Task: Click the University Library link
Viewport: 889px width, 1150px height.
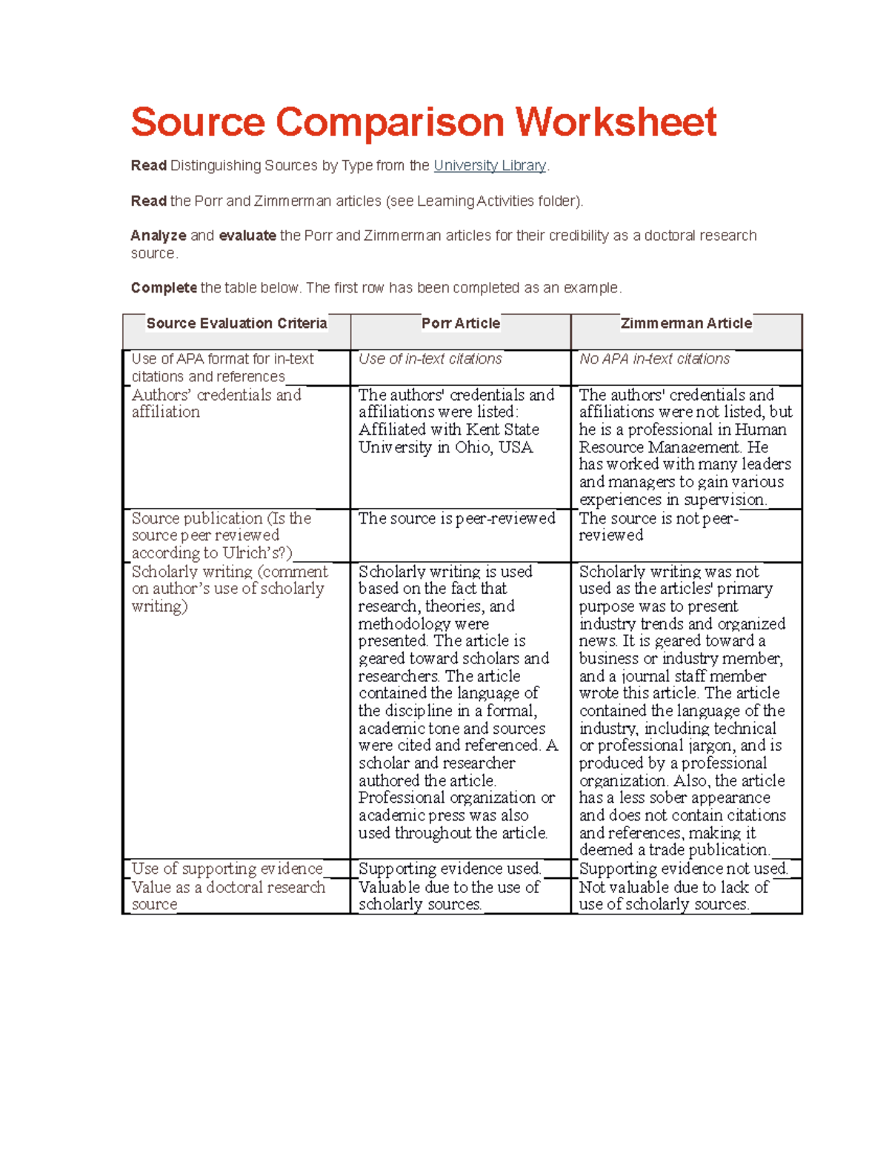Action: coord(490,166)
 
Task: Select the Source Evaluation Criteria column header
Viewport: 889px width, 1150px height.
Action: coord(236,324)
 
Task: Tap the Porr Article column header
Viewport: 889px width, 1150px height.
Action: coord(460,324)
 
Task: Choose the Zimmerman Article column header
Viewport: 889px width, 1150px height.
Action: coord(686,324)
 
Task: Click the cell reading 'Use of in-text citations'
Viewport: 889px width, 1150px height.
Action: coord(430,359)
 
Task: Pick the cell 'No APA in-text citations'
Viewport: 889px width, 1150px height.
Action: coord(654,359)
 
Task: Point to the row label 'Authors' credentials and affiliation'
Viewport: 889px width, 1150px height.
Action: coord(216,404)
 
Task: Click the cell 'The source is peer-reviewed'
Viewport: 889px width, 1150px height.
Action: coord(456,518)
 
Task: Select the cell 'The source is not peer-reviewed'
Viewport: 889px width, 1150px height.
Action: coord(658,526)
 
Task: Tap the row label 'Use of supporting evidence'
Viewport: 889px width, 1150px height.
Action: coord(227,869)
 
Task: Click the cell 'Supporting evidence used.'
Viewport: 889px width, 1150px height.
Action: coord(450,869)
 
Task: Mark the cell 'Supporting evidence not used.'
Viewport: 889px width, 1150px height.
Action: coord(683,869)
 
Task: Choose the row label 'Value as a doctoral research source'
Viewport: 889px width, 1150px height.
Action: coord(227,895)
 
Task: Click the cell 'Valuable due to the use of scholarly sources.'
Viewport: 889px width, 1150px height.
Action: coord(449,895)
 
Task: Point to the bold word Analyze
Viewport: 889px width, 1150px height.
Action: coord(159,236)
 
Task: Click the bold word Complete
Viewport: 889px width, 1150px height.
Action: coord(164,288)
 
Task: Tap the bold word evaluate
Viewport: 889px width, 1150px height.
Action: coord(247,236)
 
